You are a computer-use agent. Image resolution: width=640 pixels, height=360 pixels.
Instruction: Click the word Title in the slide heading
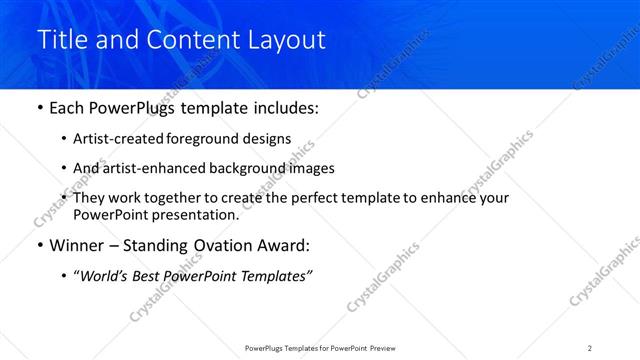(63, 40)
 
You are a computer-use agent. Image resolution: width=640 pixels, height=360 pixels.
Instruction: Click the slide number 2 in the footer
(590, 347)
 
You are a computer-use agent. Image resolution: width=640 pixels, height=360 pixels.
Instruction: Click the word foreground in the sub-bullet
(215, 139)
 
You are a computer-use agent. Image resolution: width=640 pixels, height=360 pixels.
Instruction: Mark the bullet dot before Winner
(39, 246)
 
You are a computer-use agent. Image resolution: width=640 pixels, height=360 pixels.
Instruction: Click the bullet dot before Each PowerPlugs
(39, 107)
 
